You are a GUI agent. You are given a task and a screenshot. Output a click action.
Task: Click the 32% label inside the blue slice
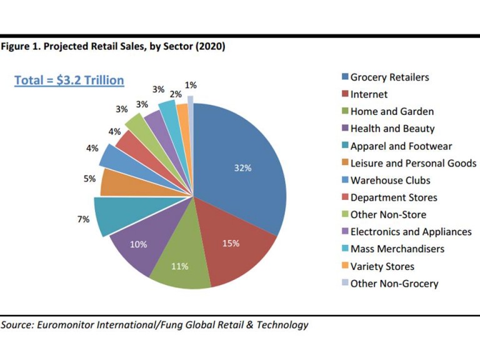coord(242,168)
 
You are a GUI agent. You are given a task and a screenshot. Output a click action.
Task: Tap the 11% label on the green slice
coord(180,266)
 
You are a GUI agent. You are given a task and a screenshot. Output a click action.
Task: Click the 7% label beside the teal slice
coord(84,220)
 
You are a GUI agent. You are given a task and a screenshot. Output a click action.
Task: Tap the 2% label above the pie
coord(176,93)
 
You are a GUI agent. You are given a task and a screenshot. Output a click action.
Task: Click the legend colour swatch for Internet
coord(344,95)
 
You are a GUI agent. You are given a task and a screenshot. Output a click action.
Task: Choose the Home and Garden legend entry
coord(391,112)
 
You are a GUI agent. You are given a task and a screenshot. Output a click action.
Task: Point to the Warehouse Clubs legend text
coord(390,181)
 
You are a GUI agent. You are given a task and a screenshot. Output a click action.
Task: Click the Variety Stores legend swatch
coord(344,267)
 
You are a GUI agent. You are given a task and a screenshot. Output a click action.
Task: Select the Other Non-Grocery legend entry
coord(394,284)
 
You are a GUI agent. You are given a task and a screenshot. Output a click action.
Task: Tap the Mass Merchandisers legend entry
coord(397,249)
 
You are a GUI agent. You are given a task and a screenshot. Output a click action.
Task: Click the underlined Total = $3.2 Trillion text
coord(69,81)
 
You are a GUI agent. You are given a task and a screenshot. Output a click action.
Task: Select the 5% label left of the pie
coord(89,179)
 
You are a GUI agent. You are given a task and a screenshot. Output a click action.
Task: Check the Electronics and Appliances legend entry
coord(411,232)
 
